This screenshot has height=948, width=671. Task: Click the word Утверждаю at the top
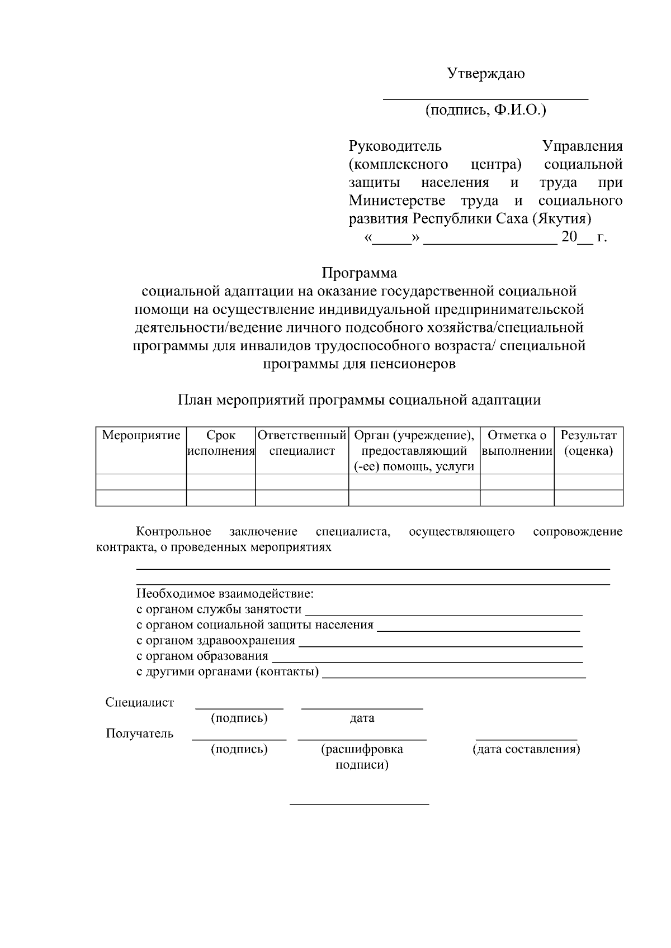pyautogui.click(x=485, y=74)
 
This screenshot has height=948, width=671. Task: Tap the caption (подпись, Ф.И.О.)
pyautogui.click(x=485, y=110)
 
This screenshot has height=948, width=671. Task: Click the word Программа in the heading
pyautogui.click(x=359, y=273)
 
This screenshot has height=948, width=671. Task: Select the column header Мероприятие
pyautogui.click(x=141, y=435)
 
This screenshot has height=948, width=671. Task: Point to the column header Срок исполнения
pyautogui.click(x=221, y=443)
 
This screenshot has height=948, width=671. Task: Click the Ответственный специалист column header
pyautogui.click(x=302, y=443)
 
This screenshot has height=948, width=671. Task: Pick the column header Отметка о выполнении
pyautogui.click(x=517, y=443)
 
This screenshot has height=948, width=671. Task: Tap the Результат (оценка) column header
pyautogui.click(x=588, y=443)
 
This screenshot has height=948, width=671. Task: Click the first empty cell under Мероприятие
pyautogui.click(x=141, y=482)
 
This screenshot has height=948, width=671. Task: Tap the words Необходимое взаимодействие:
pyautogui.click(x=225, y=594)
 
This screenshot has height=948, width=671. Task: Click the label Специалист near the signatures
pyautogui.click(x=140, y=702)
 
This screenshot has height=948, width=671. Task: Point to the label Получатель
pyautogui.click(x=140, y=733)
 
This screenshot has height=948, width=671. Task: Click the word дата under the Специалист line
pyautogui.click(x=362, y=718)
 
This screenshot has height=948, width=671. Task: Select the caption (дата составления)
pyautogui.click(x=526, y=749)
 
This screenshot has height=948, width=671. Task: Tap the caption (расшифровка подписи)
pyautogui.click(x=362, y=757)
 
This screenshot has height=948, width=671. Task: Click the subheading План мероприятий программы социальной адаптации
pyautogui.click(x=359, y=400)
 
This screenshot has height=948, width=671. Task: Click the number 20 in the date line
pyautogui.click(x=569, y=237)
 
